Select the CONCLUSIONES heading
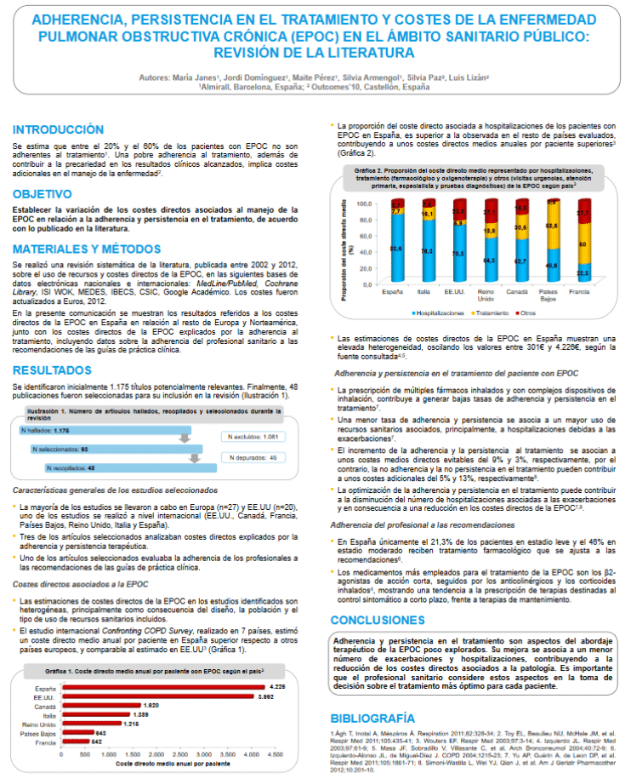[378, 620]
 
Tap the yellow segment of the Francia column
[583, 245]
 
